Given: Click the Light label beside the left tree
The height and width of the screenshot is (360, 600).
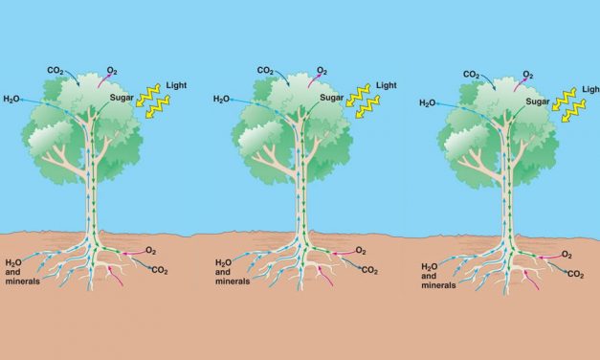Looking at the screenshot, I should [x=178, y=85].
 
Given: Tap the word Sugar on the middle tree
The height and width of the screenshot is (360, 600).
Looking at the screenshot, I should [x=331, y=97].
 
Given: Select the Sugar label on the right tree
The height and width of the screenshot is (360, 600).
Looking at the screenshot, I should [x=536, y=100].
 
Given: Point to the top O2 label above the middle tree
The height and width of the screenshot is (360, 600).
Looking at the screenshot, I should [x=322, y=70].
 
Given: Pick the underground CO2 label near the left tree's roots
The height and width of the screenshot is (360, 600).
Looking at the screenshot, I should [x=160, y=270].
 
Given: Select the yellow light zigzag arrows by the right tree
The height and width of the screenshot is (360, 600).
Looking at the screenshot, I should [x=572, y=102].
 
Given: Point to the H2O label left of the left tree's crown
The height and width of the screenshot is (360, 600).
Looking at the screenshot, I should [x=12, y=99].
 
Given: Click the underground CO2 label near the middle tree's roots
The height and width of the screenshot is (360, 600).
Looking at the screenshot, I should [x=368, y=270].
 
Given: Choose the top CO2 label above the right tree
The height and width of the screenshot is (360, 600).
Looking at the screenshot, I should [x=472, y=74].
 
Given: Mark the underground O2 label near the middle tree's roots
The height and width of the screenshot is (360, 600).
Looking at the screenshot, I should [x=360, y=251].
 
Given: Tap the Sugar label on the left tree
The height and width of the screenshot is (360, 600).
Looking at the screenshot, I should [x=123, y=97].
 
